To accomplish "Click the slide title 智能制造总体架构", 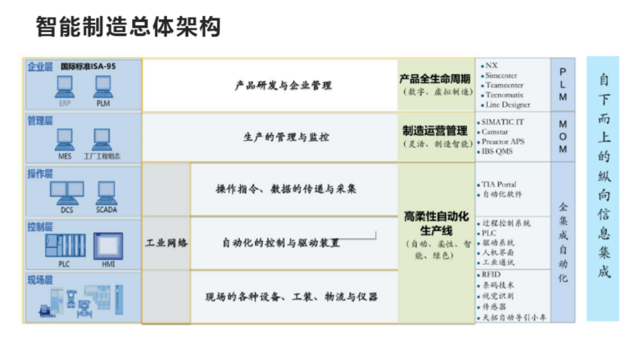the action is tap(128, 27).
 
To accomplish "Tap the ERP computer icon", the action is tap(64, 87).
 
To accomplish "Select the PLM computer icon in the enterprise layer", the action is tap(103, 87).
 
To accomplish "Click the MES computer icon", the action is tap(64, 140).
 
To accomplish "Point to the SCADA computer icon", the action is tap(106, 192).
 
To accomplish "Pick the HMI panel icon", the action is tap(108, 246).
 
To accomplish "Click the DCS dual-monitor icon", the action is tap(66, 192).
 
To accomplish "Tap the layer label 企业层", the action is tap(40, 66).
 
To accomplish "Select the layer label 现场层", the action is tap(40, 279).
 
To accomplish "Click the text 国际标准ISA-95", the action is tap(88, 66).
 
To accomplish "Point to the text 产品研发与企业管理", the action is tap(283, 85).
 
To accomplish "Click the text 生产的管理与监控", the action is tap(287, 137).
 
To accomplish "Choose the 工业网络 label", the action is tap(166, 243).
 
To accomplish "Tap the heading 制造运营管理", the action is tap(435, 130).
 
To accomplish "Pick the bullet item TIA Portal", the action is tap(502, 184).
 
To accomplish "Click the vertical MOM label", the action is tap(563, 136).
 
